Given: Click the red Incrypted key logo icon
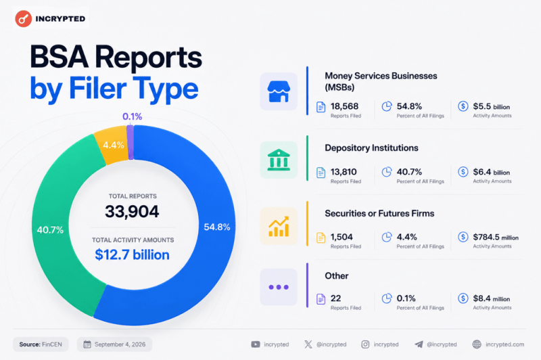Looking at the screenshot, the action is point(24,19).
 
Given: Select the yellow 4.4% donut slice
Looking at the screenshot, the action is point(112,145).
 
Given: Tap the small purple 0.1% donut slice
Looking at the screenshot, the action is point(130,142).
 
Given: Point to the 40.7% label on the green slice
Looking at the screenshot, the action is point(50,230).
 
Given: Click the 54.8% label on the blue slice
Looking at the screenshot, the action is point(217,227).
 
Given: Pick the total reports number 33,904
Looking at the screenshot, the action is point(132,211).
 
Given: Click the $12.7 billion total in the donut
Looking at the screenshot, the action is point(132,254).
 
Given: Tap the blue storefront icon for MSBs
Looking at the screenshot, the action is point(279,91).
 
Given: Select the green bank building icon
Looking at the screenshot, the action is point(279,160).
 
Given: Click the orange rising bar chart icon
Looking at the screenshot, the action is point(279,226).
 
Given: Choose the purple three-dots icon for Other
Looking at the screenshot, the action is point(279,287).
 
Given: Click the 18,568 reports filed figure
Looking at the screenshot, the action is point(345,106).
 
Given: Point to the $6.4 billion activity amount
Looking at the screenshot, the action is point(492,172).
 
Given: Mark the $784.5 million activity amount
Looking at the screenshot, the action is point(496,237).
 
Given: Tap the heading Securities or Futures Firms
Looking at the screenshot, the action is point(379,213).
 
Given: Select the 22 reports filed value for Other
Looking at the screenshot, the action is point(335,298).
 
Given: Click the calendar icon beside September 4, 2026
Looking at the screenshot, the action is point(87,344).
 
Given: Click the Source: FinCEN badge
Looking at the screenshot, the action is point(41,344).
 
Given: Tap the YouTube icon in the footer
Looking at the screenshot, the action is point(256,344).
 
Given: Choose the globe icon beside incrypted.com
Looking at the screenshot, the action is point(477,344).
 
